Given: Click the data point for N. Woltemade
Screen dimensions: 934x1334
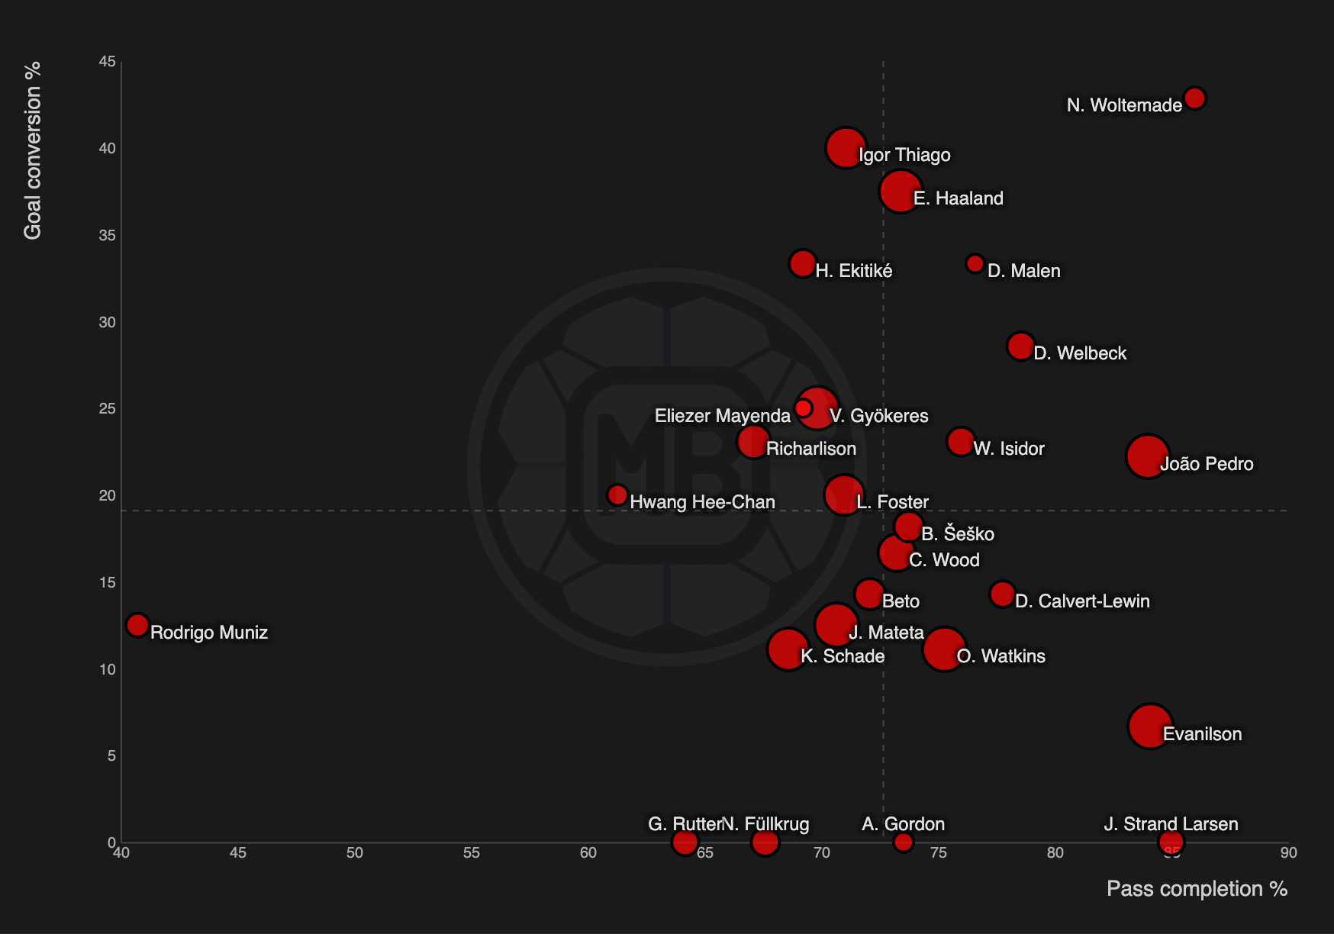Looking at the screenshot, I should (1194, 98).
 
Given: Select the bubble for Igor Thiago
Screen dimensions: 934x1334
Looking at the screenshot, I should (846, 148).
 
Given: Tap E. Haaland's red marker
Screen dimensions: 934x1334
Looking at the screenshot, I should (901, 192).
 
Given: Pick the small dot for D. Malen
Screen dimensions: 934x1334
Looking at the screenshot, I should (975, 264).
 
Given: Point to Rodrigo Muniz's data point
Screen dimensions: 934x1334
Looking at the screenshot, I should (137, 625).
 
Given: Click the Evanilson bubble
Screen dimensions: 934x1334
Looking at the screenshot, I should (1149, 726).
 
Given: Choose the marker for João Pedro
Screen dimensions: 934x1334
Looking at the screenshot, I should (1147, 456).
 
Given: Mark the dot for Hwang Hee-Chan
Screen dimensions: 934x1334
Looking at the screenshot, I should (617, 495).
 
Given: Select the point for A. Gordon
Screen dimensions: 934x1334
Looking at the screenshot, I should (904, 842).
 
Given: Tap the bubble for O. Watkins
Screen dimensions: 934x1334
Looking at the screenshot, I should (943, 649).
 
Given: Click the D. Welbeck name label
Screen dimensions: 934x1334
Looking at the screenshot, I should (1080, 353).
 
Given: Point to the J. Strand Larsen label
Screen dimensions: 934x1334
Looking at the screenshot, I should (1171, 824).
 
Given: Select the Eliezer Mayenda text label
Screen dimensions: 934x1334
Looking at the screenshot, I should (722, 416).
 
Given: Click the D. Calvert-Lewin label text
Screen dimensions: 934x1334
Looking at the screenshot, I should (1082, 601).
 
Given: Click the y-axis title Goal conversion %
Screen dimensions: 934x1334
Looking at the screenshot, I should (32, 150).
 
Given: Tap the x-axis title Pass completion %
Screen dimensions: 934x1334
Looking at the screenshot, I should (1197, 889).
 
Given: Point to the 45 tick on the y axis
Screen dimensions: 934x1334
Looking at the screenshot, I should (107, 62).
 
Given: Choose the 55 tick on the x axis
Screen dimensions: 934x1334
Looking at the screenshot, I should (472, 853).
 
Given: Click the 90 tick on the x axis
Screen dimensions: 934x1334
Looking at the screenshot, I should (1288, 853).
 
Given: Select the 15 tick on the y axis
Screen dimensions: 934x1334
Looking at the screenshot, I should (107, 583).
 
